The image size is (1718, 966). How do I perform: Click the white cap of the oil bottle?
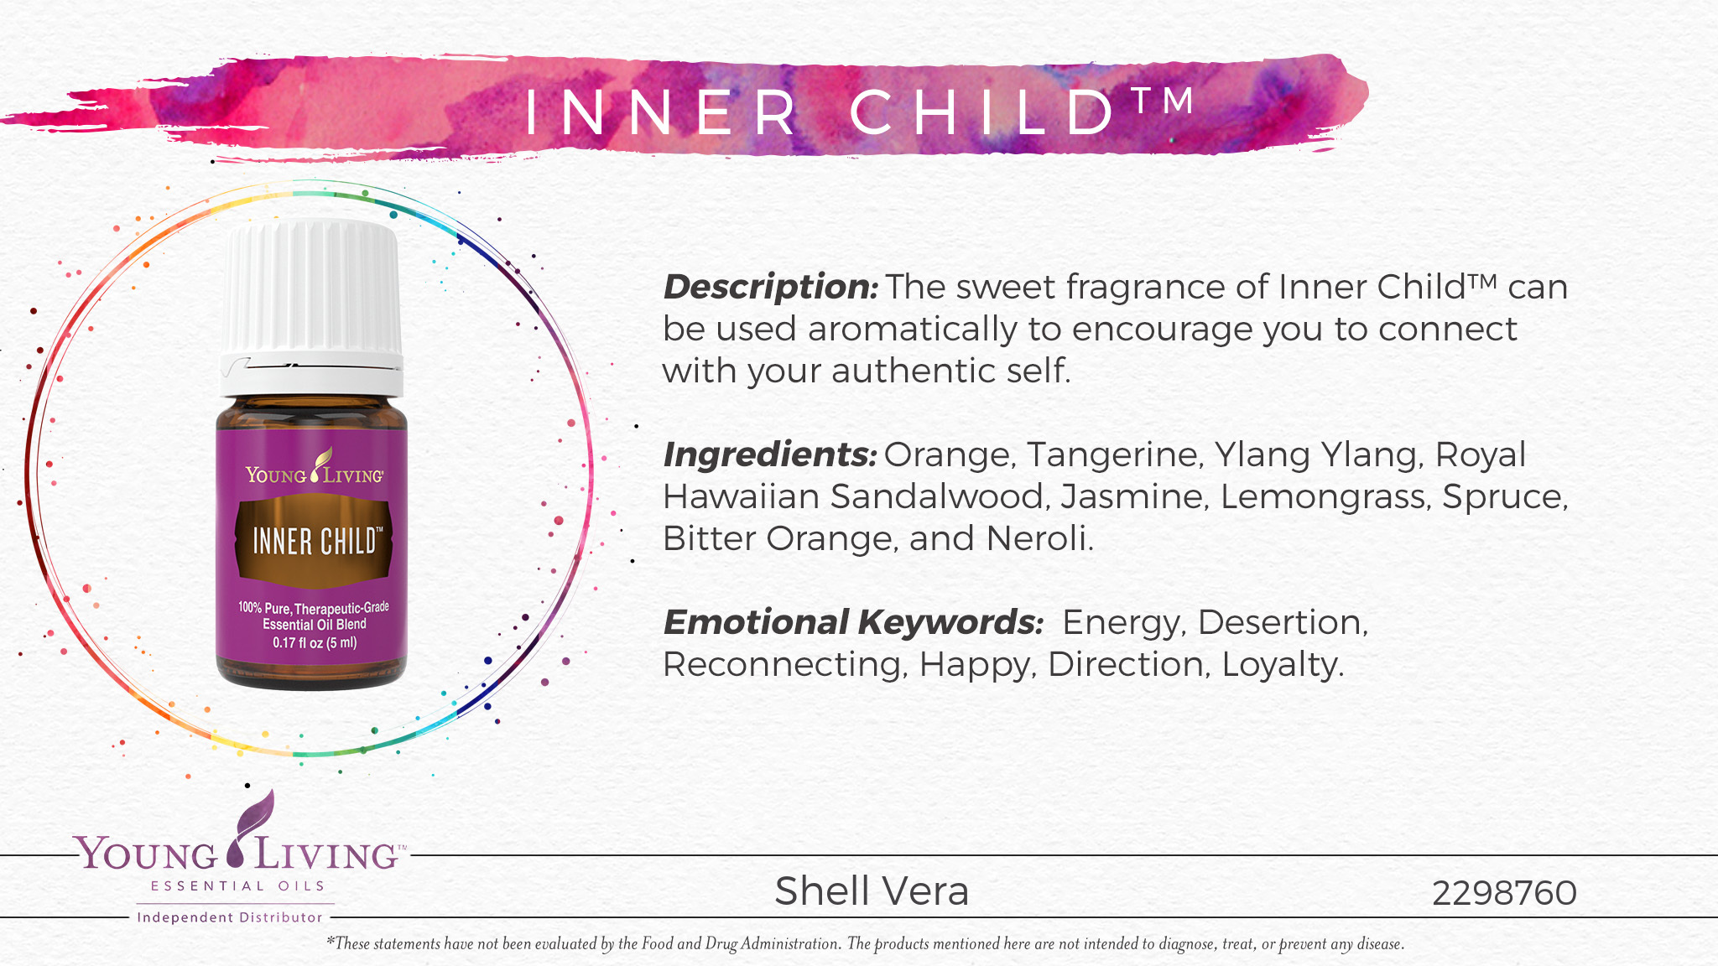pyautogui.click(x=312, y=302)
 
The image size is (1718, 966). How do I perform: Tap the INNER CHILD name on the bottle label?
pyautogui.click(x=315, y=542)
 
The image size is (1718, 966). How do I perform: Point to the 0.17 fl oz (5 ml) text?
pyautogui.click(x=315, y=643)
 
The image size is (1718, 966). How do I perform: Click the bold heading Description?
pyautogui.click(x=770, y=288)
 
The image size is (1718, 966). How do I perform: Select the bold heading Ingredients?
pyautogui.click(x=769, y=455)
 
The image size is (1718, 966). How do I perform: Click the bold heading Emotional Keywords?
pyautogui.click(x=853, y=623)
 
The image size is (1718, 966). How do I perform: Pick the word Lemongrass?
pyautogui.click(x=1325, y=497)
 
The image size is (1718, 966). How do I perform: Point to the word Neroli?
pyautogui.click(x=1039, y=539)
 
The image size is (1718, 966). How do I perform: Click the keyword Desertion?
pyautogui.click(x=1282, y=623)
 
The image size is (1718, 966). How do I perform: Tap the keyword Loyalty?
pyautogui.click(x=1282, y=665)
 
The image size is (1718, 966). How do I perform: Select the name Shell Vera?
pyautogui.click(x=872, y=891)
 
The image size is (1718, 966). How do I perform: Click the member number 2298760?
pyautogui.click(x=1504, y=893)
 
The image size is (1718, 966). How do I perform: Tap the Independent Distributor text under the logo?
pyautogui.click(x=230, y=917)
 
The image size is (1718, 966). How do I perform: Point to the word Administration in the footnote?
pyautogui.click(x=789, y=944)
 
